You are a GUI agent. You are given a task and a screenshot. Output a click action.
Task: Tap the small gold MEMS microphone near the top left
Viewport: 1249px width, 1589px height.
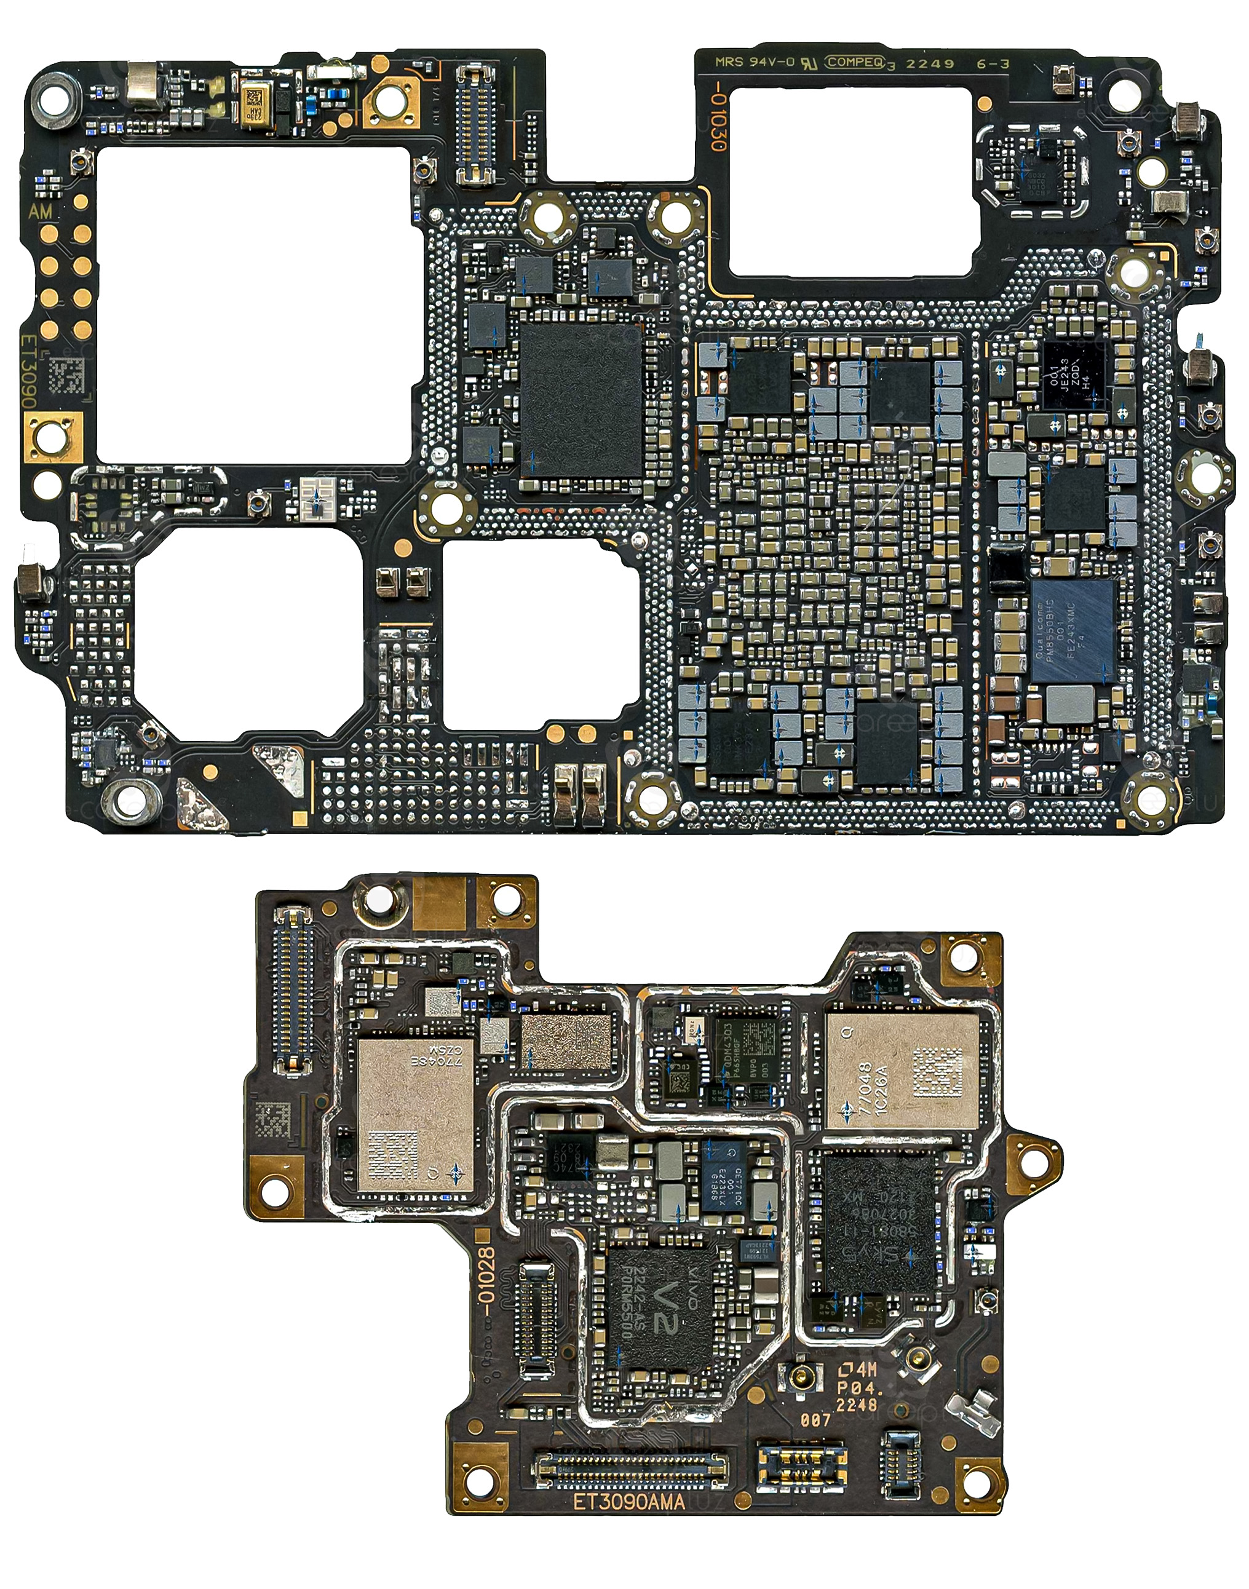coord(256,108)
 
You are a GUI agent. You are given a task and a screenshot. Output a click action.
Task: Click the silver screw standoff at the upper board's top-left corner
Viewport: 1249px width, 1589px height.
coord(54,97)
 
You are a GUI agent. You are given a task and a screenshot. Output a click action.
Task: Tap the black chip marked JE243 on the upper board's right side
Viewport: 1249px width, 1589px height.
coord(1071,375)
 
